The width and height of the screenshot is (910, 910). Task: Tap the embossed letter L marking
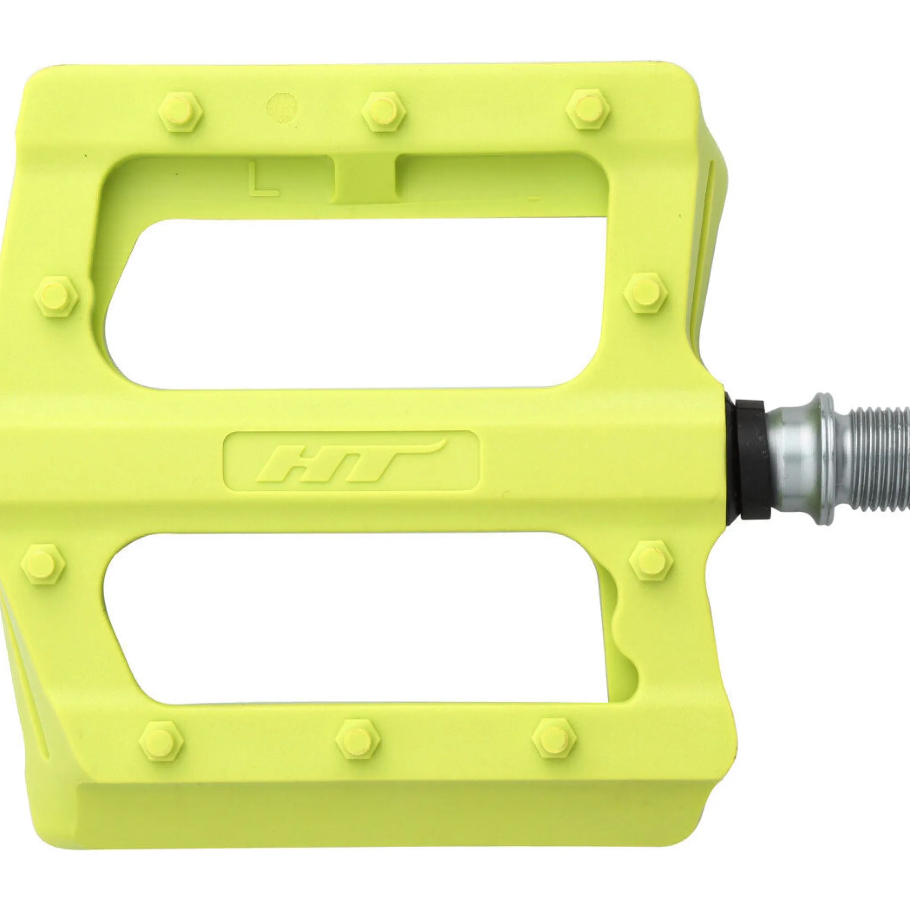pos(265,180)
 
